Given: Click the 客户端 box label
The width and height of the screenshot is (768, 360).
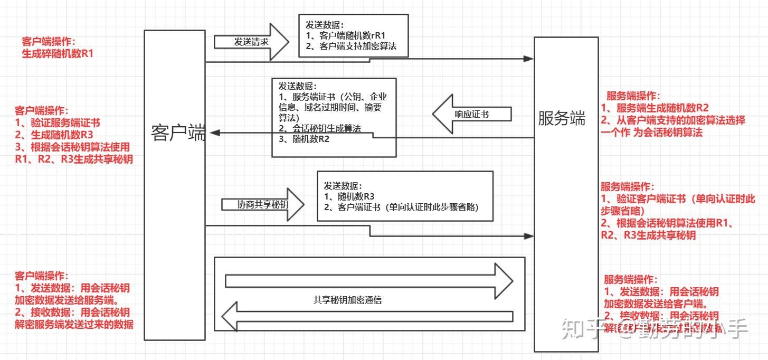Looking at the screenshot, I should tap(178, 132).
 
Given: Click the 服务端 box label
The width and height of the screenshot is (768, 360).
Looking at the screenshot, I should tap(562, 118).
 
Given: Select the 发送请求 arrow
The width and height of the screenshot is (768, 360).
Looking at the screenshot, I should tap(252, 42).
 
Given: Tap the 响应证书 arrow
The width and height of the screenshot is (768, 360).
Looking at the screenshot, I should tap(471, 113).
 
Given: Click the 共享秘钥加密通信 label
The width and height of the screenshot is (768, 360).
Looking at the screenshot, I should tap(347, 300).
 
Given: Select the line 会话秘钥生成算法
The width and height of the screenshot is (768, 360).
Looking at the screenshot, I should tap(319, 129).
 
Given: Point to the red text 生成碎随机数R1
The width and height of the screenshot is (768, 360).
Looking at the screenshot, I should tap(58, 53).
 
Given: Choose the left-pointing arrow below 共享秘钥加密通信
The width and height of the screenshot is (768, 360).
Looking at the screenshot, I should tap(367, 316).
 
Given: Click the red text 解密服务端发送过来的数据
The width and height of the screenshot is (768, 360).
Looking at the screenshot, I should tap(74, 324).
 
